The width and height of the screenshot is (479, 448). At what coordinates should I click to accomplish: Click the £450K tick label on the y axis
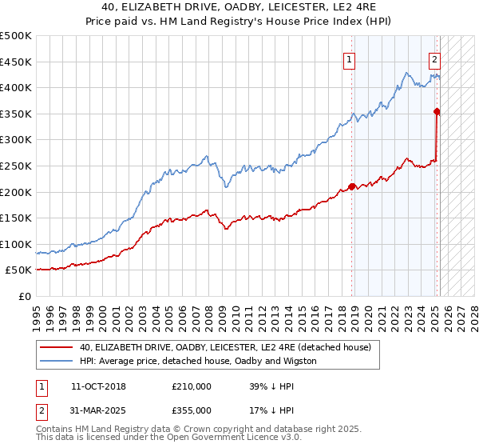click(16, 62)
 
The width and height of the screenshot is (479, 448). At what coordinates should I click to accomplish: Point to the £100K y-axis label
click(16, 244)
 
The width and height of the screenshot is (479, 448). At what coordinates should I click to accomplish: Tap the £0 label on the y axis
click(25, 296)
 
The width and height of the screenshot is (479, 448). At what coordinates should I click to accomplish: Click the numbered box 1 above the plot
click(350, 58)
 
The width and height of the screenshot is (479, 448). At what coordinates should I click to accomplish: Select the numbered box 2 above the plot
click(434, 58)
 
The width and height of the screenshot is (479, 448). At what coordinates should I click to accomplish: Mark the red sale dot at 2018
click(352, 187)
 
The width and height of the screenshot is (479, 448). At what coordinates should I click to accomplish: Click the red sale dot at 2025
click(437, 112)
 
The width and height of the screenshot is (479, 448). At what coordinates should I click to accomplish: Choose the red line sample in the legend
click(57, 348)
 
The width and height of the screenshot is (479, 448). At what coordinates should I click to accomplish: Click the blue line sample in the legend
click(57, 361)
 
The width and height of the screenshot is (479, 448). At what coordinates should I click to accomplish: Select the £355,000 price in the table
click(192, 410)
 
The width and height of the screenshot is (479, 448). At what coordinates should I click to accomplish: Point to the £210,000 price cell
click(192, 386)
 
